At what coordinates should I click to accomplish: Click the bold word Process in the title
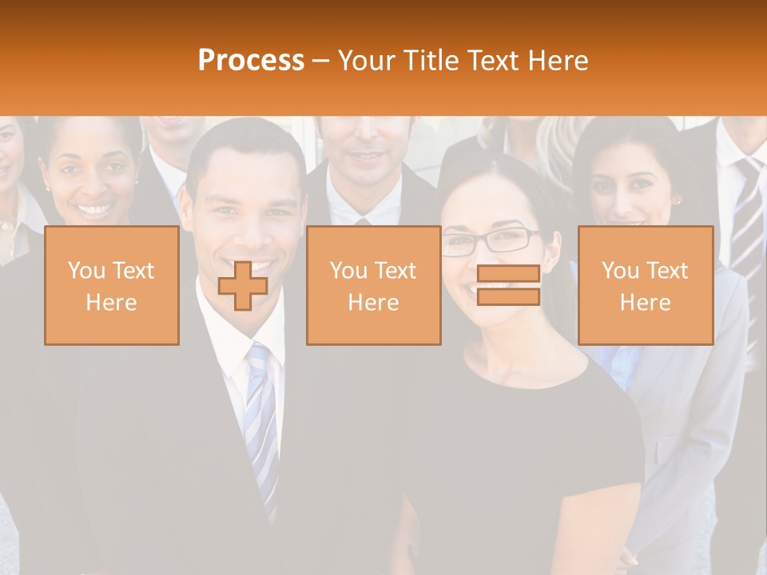[x=251, y=61]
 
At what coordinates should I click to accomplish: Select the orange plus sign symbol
[x=243, y=286]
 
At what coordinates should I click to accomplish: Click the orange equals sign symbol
[x=508, y=285]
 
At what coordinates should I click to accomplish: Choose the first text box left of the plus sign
[x=111, y=285]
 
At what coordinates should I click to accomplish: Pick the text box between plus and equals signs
[x=373, y=285]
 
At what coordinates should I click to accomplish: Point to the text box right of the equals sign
[x=645, y=285]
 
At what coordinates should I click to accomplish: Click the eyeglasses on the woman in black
[x=489, y=240]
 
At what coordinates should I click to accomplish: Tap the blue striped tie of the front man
[x=260, y=415]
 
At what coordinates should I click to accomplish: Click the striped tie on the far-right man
[x=748, y=216]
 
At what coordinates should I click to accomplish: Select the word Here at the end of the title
[x=557, y=61]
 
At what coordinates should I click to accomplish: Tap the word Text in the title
[x=494, y=61]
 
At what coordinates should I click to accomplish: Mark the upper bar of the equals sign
[x=508, y=274]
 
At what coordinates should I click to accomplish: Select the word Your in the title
[x=367, y=61]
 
